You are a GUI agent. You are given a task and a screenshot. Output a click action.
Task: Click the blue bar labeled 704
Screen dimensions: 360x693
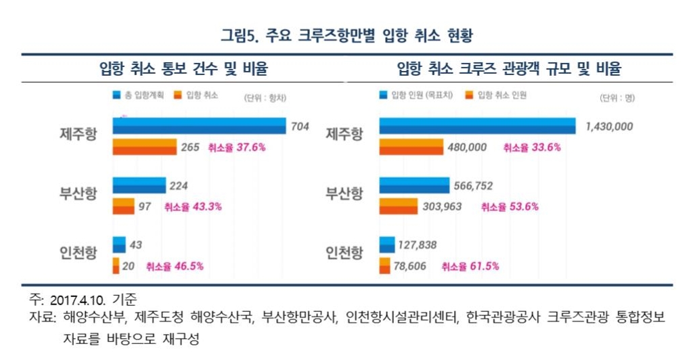click(x=199, y=127)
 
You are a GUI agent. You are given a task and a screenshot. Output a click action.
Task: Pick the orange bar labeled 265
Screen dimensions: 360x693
click(x=144, y=147)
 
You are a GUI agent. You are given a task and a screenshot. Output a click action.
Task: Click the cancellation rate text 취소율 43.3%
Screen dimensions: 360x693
click(x=194, y=206)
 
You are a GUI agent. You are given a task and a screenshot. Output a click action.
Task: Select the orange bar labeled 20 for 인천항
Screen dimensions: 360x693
click(x=116, y=266)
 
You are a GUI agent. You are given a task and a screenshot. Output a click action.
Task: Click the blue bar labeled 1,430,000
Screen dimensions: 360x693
click(x=477, y=127)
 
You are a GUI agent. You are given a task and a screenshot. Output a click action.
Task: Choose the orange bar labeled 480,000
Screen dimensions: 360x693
click(x=411, y=147)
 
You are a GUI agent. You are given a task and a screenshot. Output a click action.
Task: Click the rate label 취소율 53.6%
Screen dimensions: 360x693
click(x=509, y=206)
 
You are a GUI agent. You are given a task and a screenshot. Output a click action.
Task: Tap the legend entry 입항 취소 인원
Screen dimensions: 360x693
click(x=496, y=96)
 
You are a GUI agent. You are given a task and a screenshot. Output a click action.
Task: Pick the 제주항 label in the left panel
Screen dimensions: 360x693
click(x=78, y=134)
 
